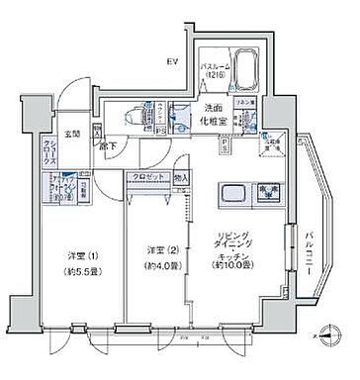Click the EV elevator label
[x=171, y=61]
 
